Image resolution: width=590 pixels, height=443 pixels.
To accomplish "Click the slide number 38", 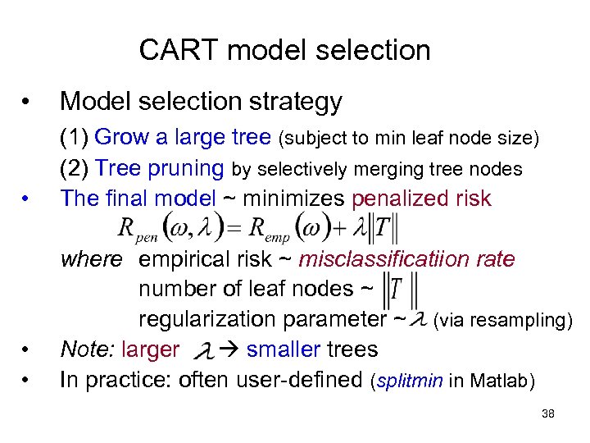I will [548, 414].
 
